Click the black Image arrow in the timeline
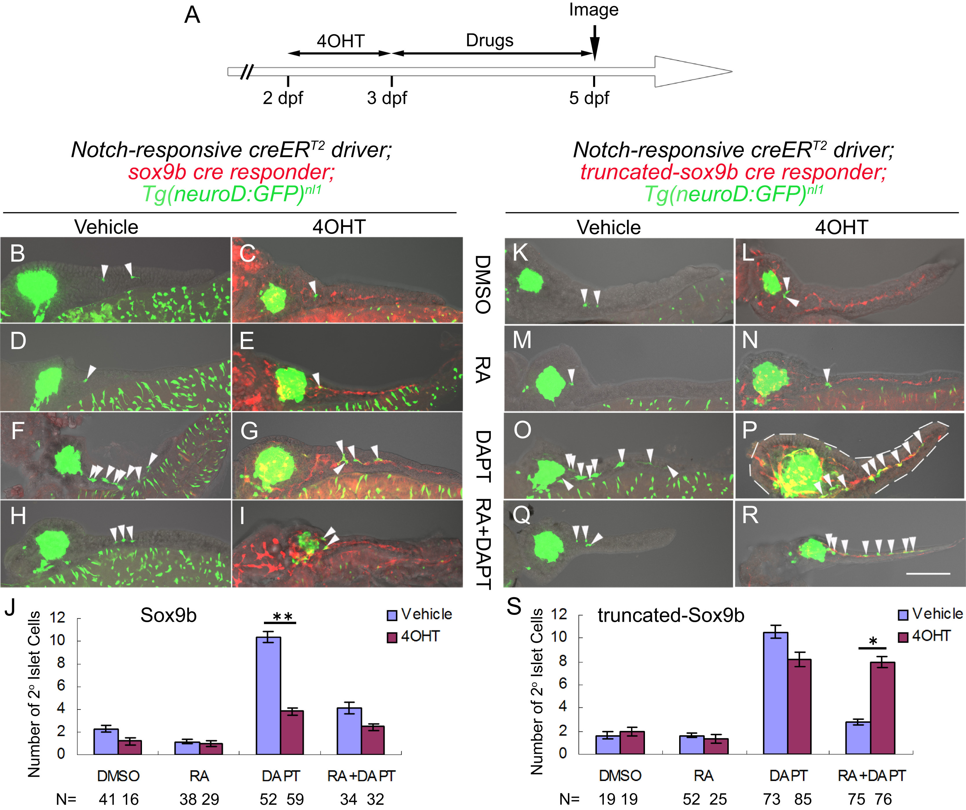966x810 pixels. [x=594, y=44]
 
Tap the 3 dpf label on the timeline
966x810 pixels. [x=387, y=98]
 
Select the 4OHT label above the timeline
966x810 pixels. [x=340, y=41]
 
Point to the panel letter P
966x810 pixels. [x=749, y=430]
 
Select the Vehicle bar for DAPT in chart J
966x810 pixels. [x=268, y=696]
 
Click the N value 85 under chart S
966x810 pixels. [x=803, y=799]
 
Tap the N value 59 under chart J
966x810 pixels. [x=295, y=799]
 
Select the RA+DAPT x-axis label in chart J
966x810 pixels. [x=361, y=776]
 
